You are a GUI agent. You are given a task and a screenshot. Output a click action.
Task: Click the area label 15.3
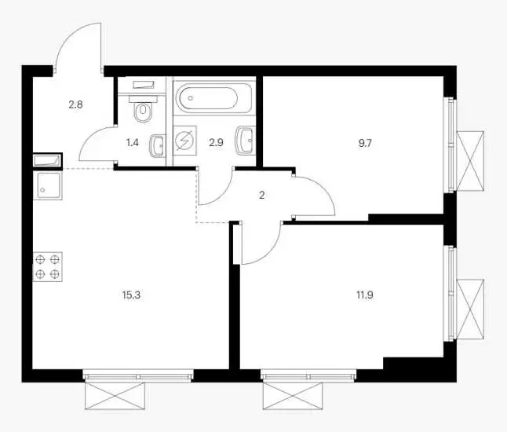pyautogui.click(x=132, y=295)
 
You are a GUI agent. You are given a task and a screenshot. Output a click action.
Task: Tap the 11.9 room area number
pyautogui.click(x=366, y=295)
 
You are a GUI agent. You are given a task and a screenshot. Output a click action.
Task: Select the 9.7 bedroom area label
pyautogui.click(x=365, y=143)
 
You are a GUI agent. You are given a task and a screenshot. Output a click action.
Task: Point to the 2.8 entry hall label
pyautogui.click(x=75, y=104)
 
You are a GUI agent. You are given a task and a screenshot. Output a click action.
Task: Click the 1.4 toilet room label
pyautogui.click(x=133, y=143)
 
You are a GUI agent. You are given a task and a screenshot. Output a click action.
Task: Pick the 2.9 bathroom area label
pyautogui.click(x=216, y=143)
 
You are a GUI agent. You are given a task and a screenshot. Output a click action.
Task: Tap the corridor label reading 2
pyautogui.click(x=262, y=195)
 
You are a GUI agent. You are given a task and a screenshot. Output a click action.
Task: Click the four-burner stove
pyautogui.click(x=48, y=266)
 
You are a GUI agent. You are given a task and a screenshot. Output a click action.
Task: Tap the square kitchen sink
pyautogui.click(x=48, y=185)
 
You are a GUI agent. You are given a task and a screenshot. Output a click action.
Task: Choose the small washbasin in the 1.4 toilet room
pyautogui.click(x=158, y=145)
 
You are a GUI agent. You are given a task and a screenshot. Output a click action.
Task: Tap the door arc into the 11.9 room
pyautogui.click(x=271, y=253)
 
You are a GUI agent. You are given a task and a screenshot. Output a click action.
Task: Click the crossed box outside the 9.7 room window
pyautogui.click(x=470, y=161)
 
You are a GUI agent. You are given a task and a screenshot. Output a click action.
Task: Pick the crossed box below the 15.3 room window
pyautogui.click(x=115, y=395)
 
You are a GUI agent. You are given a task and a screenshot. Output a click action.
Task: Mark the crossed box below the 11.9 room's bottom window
pyautogui.click(x=293, y=395)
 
